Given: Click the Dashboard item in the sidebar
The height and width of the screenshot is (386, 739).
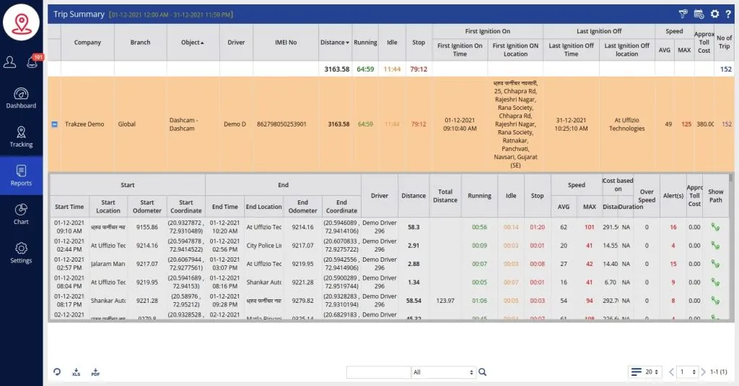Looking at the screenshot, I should [21, 98].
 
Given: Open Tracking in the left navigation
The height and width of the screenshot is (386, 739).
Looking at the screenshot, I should [21, 137].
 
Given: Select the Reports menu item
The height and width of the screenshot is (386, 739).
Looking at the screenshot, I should [21, 175].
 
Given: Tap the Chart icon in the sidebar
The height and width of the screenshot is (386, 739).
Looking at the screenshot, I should [21, 214].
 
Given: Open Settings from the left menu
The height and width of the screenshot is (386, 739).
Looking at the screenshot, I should [21, 252].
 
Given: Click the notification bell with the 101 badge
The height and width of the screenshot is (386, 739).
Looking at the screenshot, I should [32, 62].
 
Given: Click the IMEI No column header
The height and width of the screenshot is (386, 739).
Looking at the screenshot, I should [286, 43].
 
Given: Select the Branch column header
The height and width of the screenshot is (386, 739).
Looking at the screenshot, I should [140, 43].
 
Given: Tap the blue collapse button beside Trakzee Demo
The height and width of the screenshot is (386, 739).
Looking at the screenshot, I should [54, 124].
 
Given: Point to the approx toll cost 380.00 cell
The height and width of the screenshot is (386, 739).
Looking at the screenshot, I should [704, 124].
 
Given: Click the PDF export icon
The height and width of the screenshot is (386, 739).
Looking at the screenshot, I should [95, 372].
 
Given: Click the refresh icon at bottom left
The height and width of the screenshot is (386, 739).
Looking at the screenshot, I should [57, 372].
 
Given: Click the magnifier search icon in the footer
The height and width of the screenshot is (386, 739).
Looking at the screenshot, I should [483, 372].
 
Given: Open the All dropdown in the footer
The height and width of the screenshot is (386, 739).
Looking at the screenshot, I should [443, 372].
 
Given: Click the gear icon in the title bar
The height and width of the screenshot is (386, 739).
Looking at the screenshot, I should [714, 14].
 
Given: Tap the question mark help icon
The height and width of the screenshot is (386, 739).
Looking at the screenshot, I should [728, 14].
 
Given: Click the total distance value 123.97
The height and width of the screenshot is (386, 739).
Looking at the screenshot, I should [445, 300].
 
